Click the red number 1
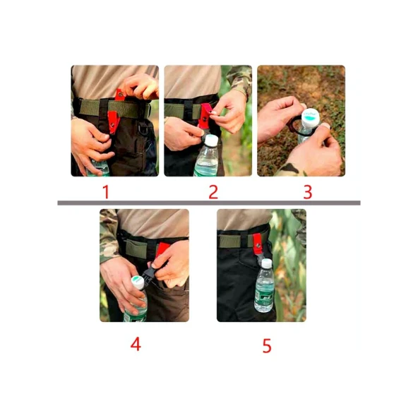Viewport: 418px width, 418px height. pos(106,191)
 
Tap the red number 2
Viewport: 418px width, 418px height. pos(213,191)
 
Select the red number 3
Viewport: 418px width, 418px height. pos(307,191)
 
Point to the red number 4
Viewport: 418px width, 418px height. pos(136,344)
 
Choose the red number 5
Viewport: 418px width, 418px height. pos(267,346)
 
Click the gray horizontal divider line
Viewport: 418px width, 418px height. pos(208,203)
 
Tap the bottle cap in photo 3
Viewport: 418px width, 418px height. pos(309,117)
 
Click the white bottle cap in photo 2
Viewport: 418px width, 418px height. pos(210,141)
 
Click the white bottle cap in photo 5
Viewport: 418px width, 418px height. pos(265,263)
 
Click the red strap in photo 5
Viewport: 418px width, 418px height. pos(258,244)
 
